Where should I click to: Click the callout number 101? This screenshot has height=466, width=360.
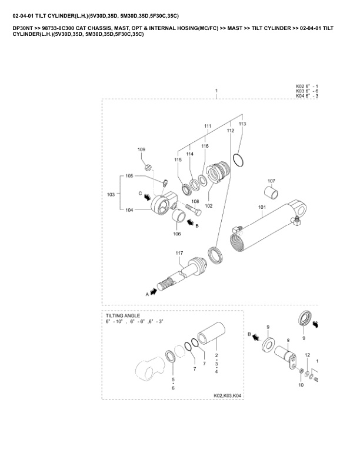[x=262, y=207]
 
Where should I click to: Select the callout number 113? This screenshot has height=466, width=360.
[x=242, y=124]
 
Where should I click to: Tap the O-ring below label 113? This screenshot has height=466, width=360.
[x=239, y=159]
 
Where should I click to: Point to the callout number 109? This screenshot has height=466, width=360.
[x=142, y=151]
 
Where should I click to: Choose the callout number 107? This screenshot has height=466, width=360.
[x=271, y=181]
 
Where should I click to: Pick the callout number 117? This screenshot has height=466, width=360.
[x=179, y=253]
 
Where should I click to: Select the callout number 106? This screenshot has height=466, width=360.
[x=176, y=234]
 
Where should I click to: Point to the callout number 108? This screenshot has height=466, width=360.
[x=196, y=202]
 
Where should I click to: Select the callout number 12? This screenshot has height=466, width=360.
[x=307, y=356]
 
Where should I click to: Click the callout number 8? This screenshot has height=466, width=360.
[x=288, y=341]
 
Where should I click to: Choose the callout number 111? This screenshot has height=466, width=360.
[x=208, y=127]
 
